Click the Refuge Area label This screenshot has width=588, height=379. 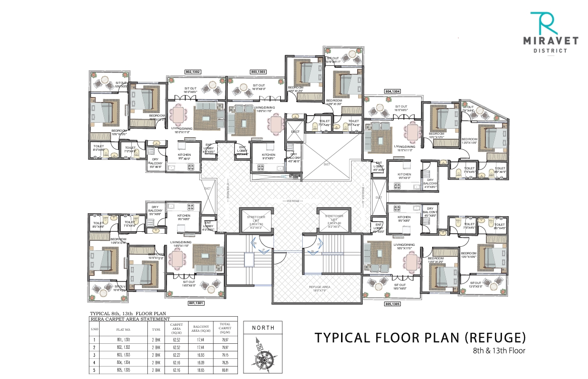[x=318, y=288]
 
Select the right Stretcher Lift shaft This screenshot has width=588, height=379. [x=334, y=221]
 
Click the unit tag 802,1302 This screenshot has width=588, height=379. [x=193, y=72]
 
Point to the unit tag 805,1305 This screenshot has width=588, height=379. [x=393, y=304]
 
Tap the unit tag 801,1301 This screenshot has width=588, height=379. [x=197, y=304]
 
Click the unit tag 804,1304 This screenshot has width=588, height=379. [x=392, y=91]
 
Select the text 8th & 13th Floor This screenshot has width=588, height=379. [x=499, y=350]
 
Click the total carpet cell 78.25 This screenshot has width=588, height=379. [x=225, y=362]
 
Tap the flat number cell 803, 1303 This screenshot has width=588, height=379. [x=123, y=354]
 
